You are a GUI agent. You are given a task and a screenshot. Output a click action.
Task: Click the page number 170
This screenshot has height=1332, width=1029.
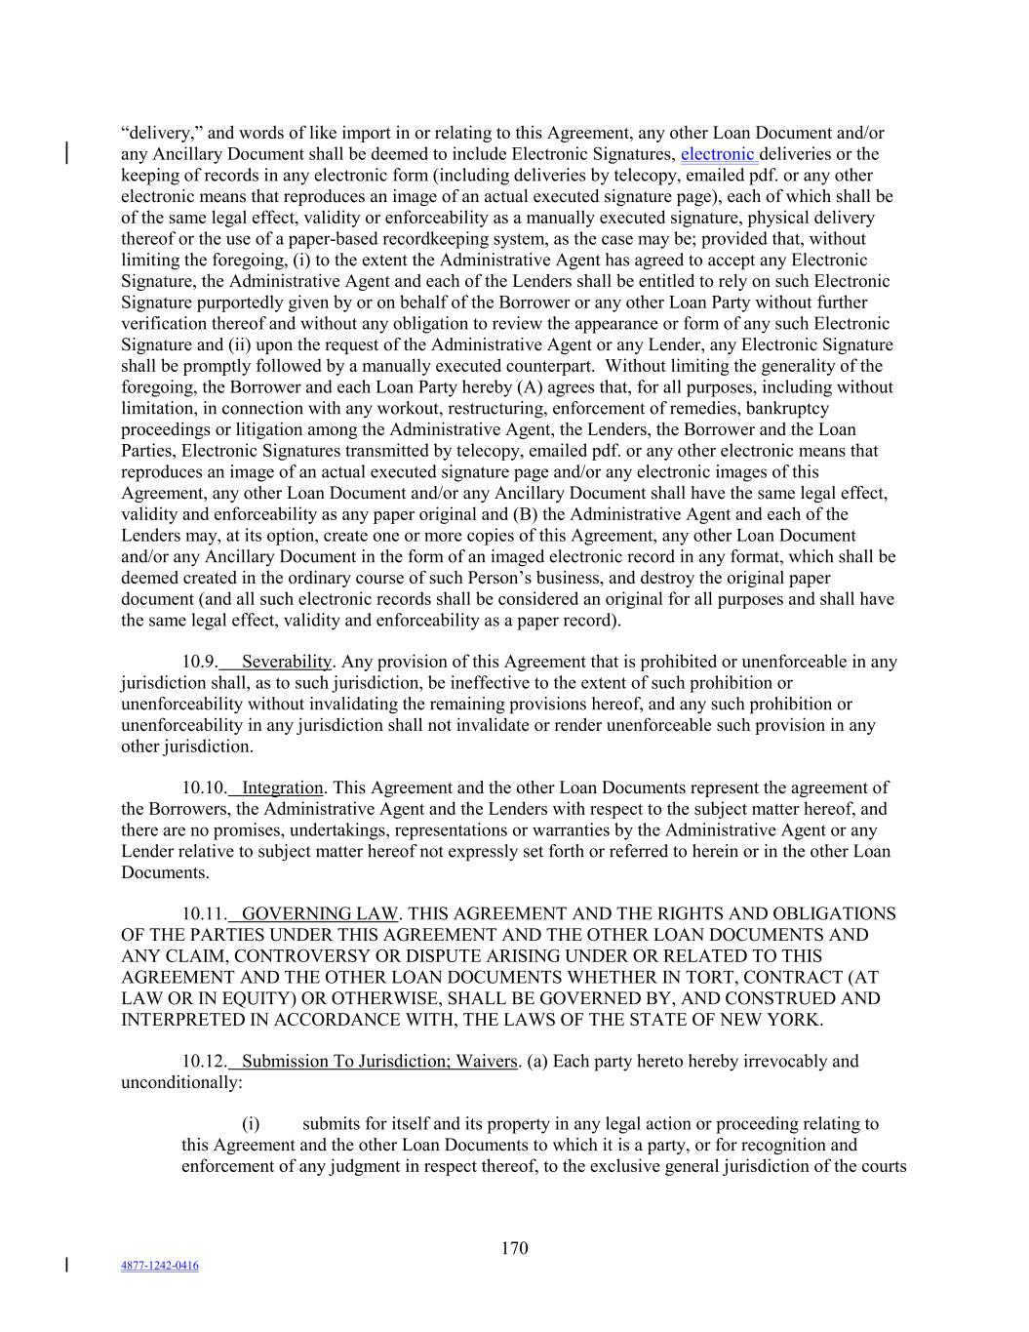point(514,1248)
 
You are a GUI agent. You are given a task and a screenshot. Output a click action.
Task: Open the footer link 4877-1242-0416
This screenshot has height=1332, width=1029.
point(160,1266)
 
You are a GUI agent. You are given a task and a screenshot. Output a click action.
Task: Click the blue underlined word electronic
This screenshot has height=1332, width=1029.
point(717,154)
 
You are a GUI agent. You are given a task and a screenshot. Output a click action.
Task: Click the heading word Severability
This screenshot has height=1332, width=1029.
point(287,662)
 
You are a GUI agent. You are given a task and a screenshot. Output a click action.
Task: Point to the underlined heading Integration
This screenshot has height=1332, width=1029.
point(282,787)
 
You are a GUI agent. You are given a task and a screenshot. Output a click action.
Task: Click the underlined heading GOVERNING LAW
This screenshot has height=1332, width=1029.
point(319,914)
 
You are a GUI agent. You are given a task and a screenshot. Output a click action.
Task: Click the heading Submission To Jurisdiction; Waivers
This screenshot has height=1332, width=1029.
point(378,1061)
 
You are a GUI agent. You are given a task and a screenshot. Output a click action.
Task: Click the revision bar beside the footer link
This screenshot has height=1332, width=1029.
point(66,1266)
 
